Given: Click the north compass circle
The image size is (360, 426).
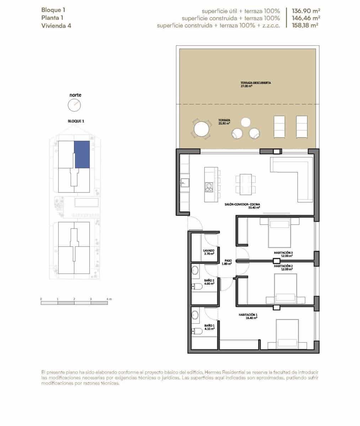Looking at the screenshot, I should [x=74, y=105].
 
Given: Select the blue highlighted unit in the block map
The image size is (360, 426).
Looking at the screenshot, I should [x=82, y=154].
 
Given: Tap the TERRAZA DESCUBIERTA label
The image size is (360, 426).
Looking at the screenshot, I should [x=256, y=83].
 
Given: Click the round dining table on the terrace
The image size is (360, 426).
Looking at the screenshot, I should [x=201, y=129].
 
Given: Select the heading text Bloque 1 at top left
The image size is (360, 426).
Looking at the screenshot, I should [x=53, y=10].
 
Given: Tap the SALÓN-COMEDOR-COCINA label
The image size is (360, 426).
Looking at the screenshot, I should [x=242, y=204].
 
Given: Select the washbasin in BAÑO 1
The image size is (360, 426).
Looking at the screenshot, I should [x=195, y=315].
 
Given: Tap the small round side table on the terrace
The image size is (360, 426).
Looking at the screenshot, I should [x=246, y=122].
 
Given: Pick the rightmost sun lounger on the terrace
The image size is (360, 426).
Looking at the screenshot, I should [x=302, y=127].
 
